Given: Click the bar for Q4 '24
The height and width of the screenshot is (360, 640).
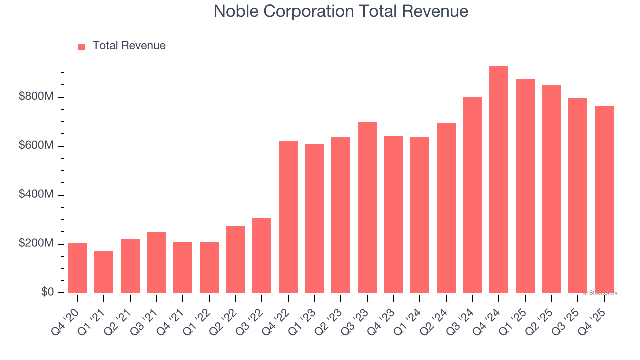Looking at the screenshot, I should click(x=499, y=179).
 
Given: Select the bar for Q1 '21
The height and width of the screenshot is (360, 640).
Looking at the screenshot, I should click(x=104, y=272).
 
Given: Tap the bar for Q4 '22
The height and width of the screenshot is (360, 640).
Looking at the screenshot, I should click(x=288, y=217).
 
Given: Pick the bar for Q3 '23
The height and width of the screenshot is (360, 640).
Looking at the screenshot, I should click(x=367, y=207).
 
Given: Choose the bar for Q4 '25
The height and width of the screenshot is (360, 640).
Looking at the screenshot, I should click(x=604, y=199).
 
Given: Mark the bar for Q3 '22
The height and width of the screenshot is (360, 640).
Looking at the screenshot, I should click(x=262, y=255).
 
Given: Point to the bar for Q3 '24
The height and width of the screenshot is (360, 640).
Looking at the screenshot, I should click(x=472, y=195).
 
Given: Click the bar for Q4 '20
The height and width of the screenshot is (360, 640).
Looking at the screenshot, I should click(x=78, y=268).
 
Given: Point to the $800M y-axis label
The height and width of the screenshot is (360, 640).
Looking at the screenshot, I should click(x=36, y=97).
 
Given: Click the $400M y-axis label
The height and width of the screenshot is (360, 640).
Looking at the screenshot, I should click(x=36, y=195).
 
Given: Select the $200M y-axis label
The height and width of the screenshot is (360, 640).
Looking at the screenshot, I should click(x=36, y=244).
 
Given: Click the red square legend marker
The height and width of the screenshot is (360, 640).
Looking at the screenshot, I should click(x=82, y=46).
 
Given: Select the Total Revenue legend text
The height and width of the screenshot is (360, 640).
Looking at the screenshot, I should click(x=129, y=46).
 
